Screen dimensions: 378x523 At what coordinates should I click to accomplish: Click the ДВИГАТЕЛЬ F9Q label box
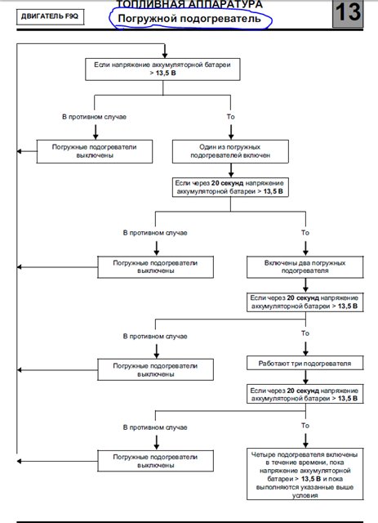pos(50,16)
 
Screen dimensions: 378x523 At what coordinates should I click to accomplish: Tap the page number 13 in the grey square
pos(348,13)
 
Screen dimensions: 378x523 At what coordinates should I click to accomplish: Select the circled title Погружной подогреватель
pos(189,18)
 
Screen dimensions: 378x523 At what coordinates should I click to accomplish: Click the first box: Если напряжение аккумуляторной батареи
pos(162,69)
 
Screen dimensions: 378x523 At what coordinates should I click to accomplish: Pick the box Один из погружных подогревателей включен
pos(230,151)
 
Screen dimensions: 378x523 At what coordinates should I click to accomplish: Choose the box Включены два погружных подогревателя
pos(305,267)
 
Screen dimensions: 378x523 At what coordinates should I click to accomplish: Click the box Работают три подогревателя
pos(305,363)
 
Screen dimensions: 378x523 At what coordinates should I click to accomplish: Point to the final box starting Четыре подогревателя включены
pos(305,474)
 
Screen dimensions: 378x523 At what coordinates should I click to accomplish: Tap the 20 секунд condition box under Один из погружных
pos(230,187)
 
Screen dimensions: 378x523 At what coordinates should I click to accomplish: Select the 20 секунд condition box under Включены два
pos(305,302)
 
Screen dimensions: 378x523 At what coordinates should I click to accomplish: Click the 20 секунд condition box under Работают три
pos(305,394)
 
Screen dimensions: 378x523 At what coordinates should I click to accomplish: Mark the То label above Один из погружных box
pos(231,117)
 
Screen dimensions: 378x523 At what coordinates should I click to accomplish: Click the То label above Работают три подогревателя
pos(305,333)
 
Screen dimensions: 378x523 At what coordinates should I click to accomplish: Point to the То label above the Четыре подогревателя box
pos(305,426)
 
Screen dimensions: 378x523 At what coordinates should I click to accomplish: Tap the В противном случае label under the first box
pos(95,117)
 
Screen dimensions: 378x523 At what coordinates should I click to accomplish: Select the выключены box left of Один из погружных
pos(95,151)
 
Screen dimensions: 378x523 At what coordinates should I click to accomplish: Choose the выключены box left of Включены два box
pos(156,267)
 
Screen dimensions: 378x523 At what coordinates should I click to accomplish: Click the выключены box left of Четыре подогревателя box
pos(156,461)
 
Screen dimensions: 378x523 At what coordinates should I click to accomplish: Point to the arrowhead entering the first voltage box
pos(165,56)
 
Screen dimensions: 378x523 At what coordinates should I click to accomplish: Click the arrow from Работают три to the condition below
pos(305,378)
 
